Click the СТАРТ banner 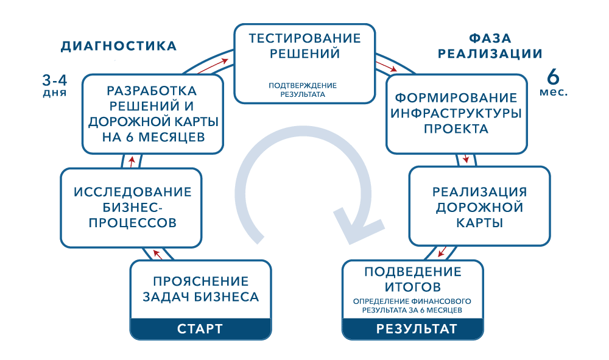pos(200,329)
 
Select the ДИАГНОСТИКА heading pos(119,46)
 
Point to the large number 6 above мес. pos(553,78)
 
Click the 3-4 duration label pos(54,79)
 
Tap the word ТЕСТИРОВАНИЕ pos(304,38)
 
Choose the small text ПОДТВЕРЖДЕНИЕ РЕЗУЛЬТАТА pos(303,90)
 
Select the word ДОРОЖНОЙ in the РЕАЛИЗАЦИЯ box pos(479,207)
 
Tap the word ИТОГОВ pos(413,286)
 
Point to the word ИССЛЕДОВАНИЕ pos(132,192)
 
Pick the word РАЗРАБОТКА pos(152,91)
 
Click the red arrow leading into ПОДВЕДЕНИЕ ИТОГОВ pos(444,251)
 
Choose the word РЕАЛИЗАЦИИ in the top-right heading pos(490,54)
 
